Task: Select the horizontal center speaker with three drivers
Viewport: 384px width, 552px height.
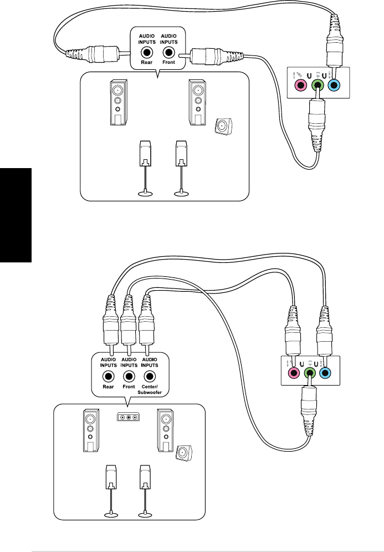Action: pyautogui.click(x=129, y=417)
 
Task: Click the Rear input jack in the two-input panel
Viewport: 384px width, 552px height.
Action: pyautogui.click(x=147, y=53)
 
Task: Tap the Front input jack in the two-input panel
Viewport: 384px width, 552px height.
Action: pyautogui.click(x=168, y=53)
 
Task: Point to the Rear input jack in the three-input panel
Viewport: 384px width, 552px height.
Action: pyautogui.click(x=109, y=376)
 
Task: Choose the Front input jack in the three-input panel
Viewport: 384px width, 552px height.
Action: pyautogui.click(x=128, y=376)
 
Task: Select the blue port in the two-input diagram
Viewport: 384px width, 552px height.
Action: pyautogui.click(x=333, y=85)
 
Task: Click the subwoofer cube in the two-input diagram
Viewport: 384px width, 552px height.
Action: pyautogui.click(x=223, y=126)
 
